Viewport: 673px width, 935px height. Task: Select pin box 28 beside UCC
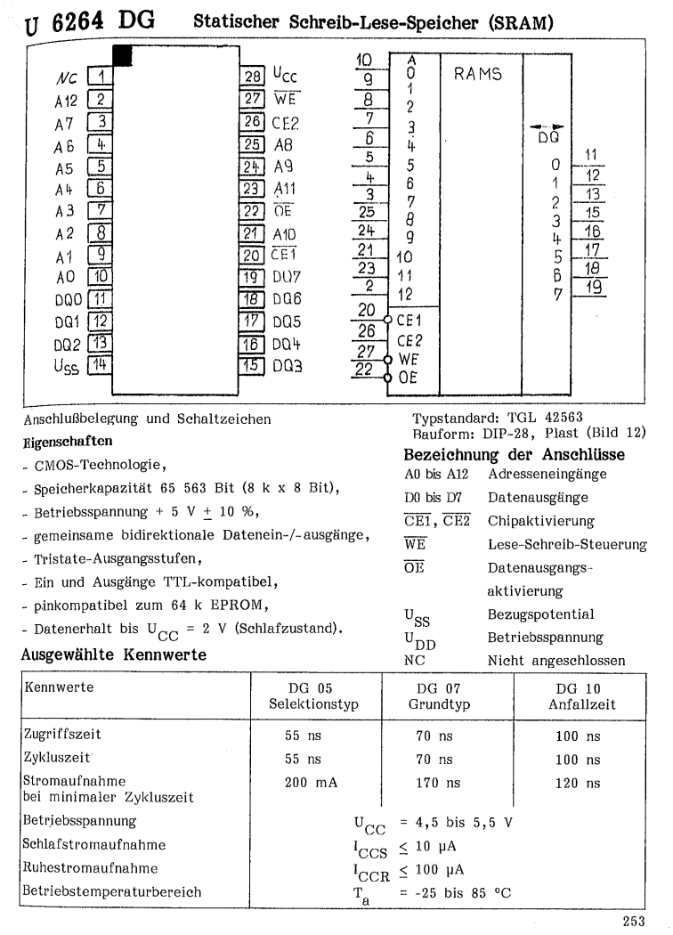point(253,77)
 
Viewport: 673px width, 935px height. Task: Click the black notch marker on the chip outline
point(122,56)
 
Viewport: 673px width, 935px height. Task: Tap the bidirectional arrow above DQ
point(554,126)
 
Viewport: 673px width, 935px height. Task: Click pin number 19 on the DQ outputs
point(590,286)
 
